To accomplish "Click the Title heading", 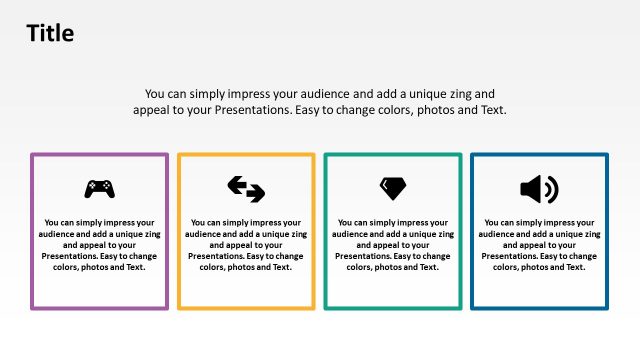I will pos(50,33).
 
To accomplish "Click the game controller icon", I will pos(99,187).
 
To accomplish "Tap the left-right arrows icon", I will pos(246,188).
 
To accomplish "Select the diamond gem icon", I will pos(392,187).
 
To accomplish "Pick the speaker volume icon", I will pos(539,188).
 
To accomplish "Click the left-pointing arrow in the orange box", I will pos(238,183).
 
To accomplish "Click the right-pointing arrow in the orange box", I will pos(254,193).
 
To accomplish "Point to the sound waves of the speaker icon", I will pos(552,188).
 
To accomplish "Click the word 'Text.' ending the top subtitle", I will pos(490,110).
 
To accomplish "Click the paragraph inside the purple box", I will pos(99,245).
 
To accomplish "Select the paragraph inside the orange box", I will pos(246,245).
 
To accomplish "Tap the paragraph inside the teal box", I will pos(392,245).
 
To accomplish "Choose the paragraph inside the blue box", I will pos(539,245).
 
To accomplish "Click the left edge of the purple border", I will pos(32,231).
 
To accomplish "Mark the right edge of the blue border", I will pos(606,231).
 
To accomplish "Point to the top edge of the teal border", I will pos(392,155).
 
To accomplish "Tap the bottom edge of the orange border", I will pos(246,307).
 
